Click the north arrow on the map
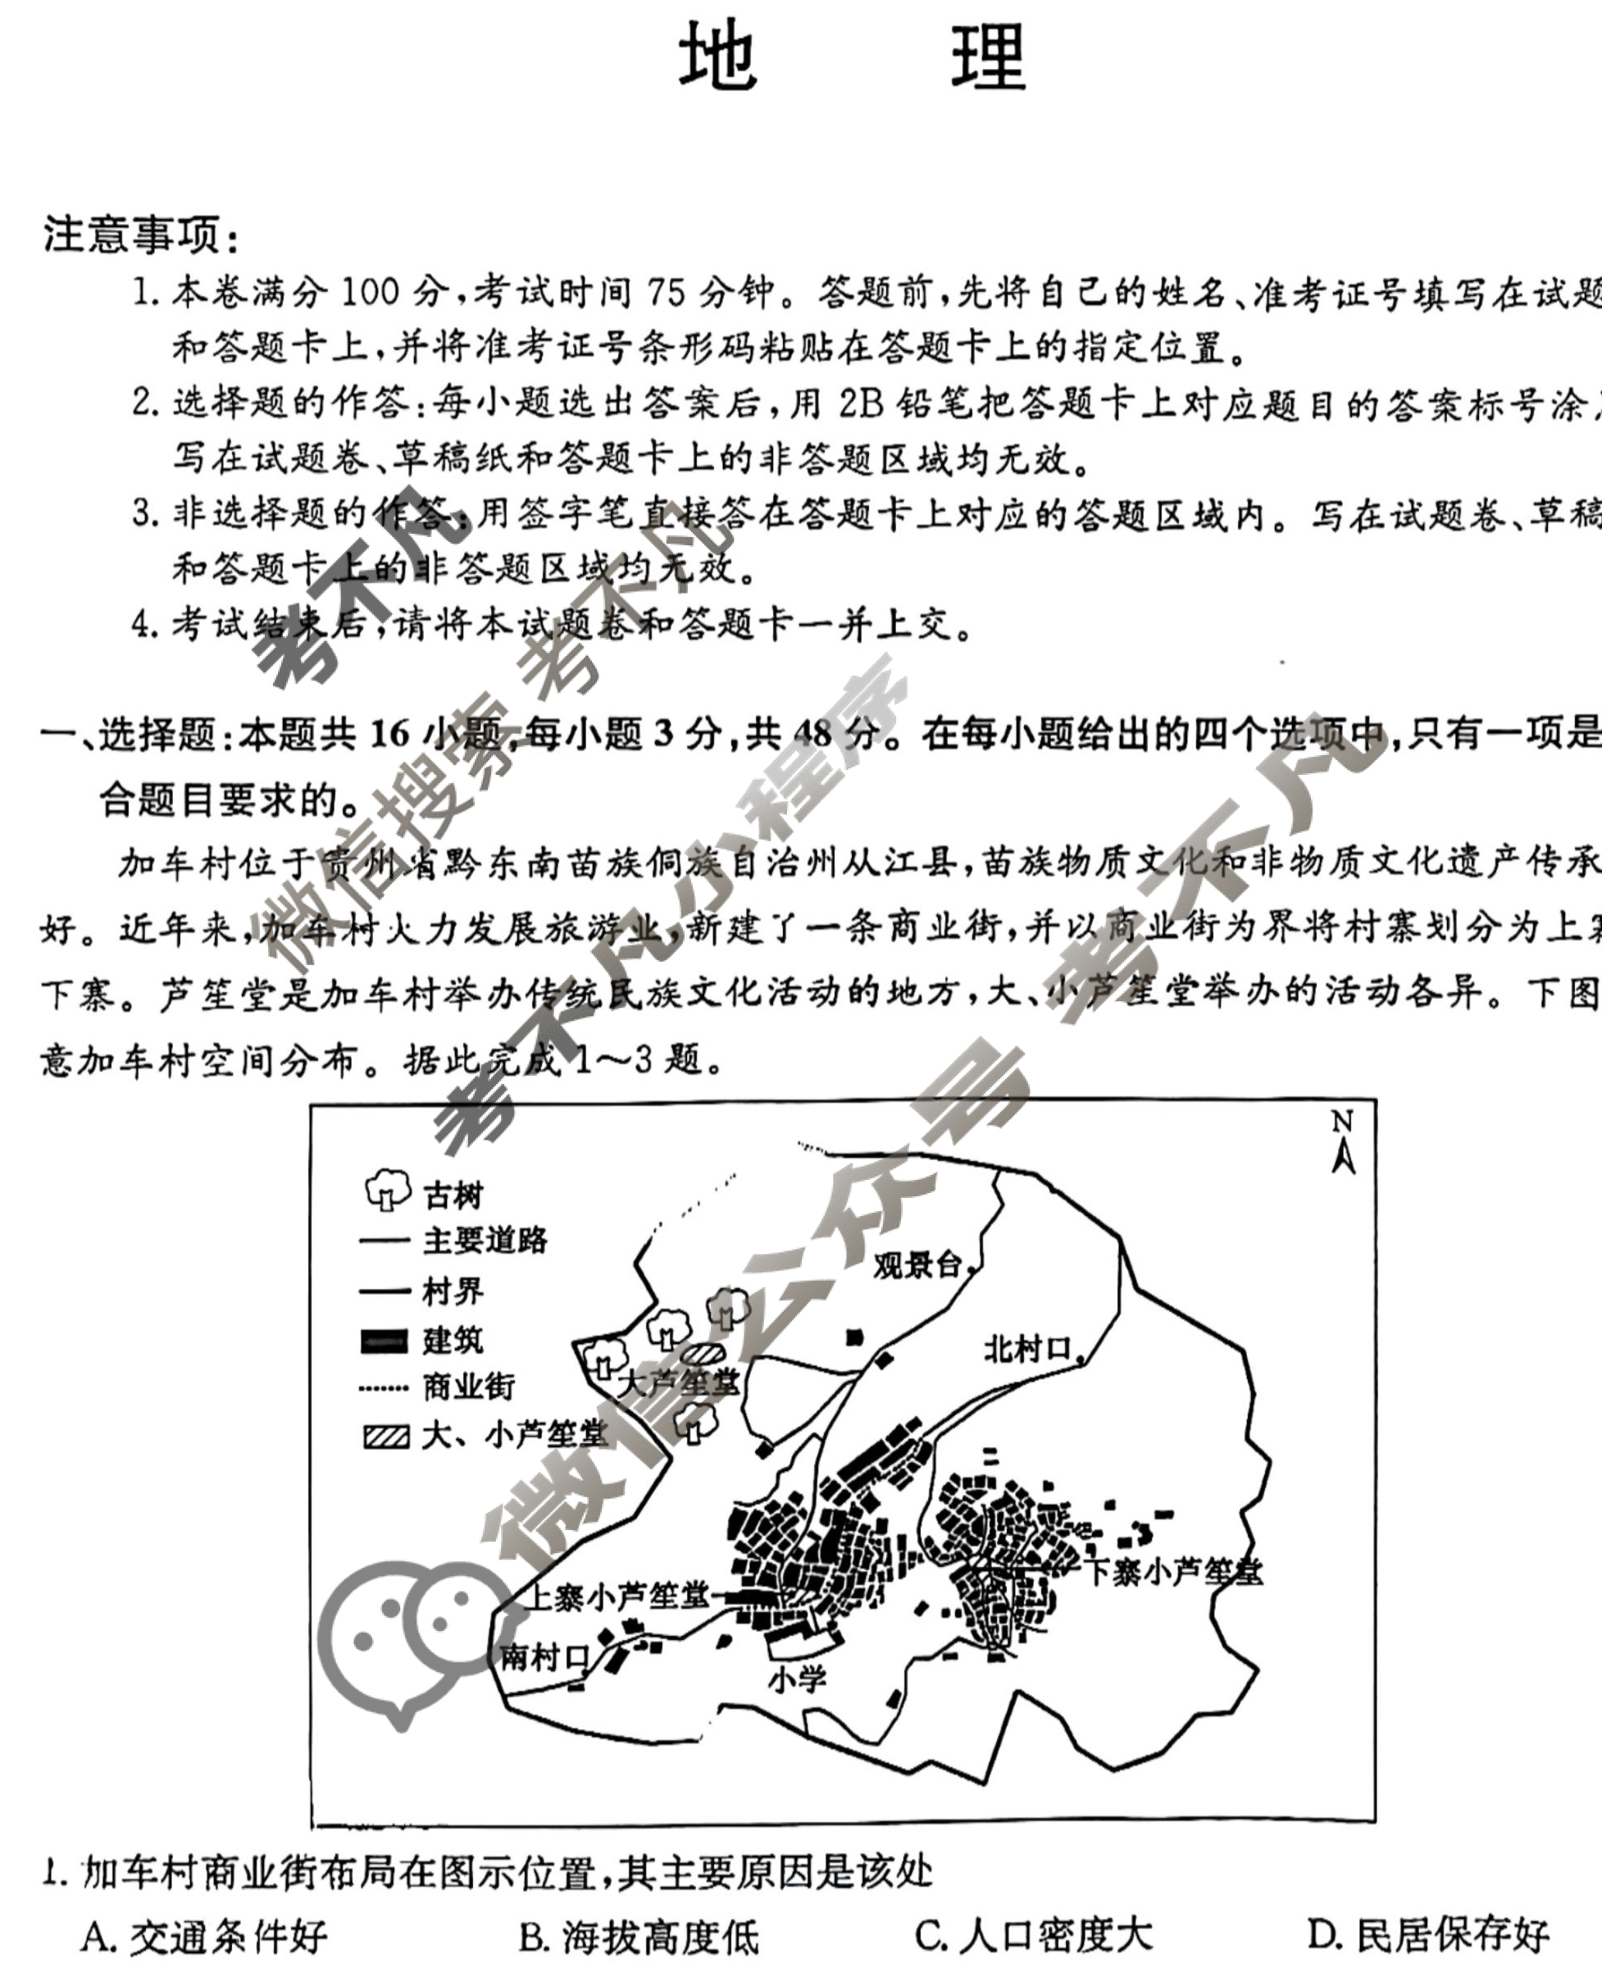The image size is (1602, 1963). point(1343,1145)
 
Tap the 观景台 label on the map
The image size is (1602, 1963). point(918,1265)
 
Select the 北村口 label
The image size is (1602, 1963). point(1026,1350)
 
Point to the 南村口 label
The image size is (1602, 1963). point(544,1656)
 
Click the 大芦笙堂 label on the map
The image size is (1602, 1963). point(678,1382)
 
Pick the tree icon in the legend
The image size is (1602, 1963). point(388,1190)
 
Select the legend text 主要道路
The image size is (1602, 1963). point(485,1240)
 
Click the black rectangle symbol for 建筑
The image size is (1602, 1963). point(384,1340)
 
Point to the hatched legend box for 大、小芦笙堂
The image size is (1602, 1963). point(385,1436)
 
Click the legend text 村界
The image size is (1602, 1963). point(453,1290)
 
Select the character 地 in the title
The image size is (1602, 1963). point(718,57)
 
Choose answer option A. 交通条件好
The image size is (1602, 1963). point(204,1936)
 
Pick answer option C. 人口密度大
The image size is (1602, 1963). point(1034,1936)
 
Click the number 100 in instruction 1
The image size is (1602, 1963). point(370,294)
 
